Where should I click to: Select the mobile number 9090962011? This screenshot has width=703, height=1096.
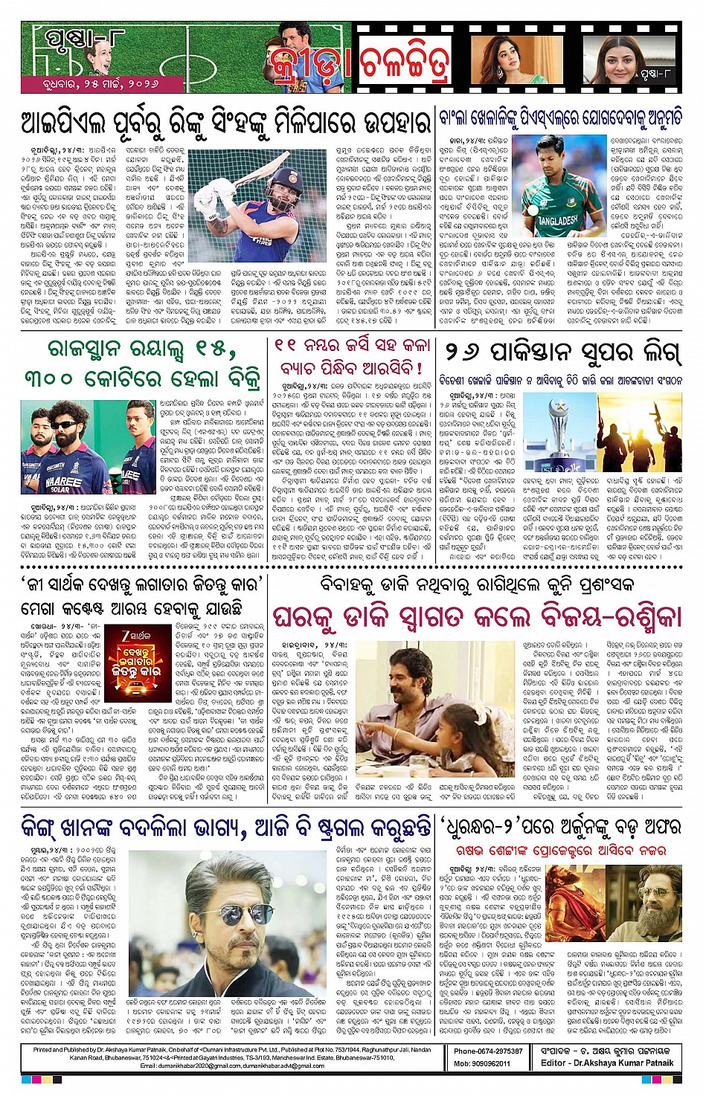pyautogui.click(x=483, y=1063)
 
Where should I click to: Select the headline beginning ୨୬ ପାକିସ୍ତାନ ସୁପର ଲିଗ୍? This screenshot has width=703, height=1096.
pyautogui.click(x=563, y=352)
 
